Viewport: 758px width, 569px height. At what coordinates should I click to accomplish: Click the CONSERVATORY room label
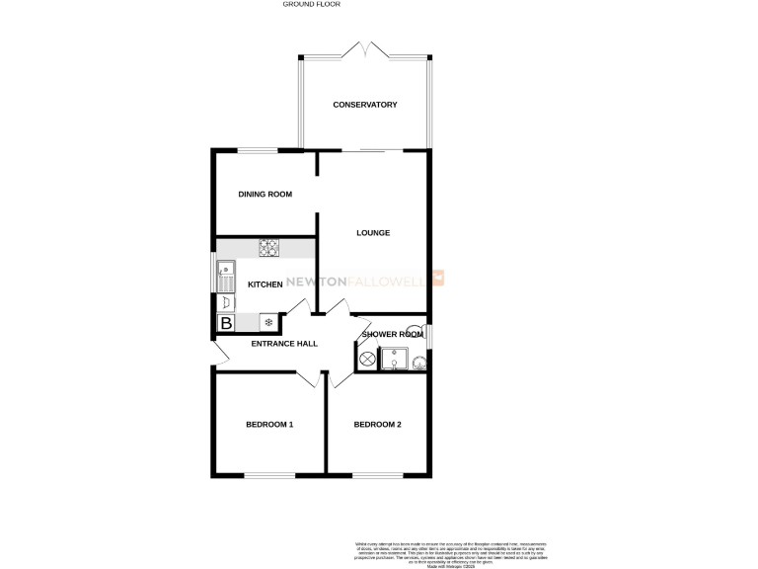point(364,105)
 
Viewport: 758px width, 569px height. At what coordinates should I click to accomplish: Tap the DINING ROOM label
point(265,195)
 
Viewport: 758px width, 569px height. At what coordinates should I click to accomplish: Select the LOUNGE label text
point(373,233)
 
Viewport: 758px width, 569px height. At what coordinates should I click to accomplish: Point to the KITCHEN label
point(265,284)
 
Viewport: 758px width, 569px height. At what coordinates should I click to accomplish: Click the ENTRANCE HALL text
point(284,344)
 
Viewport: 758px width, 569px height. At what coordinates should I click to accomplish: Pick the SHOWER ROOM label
point(390,335)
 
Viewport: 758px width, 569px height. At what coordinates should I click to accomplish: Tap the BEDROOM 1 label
point(269,425)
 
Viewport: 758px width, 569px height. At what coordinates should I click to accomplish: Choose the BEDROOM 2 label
point(377,425)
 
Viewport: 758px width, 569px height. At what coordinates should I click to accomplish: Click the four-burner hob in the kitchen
point(269,247)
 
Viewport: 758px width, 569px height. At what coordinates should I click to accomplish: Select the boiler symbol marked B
point(226,322)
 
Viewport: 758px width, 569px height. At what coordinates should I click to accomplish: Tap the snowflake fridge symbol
point(266,322)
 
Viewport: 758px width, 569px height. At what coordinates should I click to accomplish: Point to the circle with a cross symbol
point(364,363)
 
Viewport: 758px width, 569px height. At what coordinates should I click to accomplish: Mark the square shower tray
point(395,361)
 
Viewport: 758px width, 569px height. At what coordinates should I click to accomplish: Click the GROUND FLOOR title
point(311,5)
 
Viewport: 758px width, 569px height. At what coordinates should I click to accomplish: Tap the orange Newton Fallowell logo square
point(440,280)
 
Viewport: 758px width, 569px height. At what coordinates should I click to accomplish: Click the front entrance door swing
point(219,354)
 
